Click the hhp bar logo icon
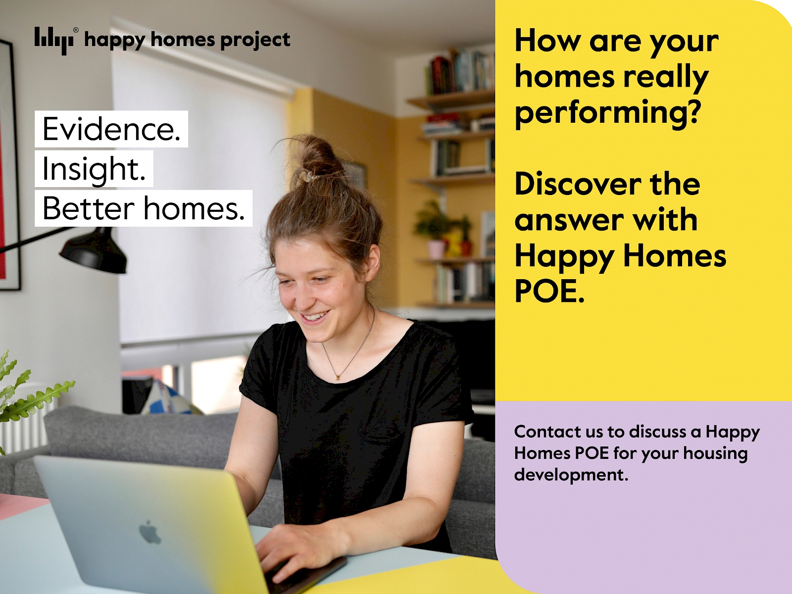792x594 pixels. (x=53, y=41)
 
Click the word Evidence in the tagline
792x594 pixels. (x=111, y=129)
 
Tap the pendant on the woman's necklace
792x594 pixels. (x=338, y=377)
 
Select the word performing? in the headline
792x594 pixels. (x=608, y=114)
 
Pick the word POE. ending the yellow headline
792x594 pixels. (x=549, y=291)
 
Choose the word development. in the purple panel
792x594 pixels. (x=571, y=474)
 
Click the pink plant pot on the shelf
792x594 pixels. (x=436, y=249)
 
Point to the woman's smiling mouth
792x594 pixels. (x=315, y=317)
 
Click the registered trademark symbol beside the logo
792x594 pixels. (x=76, y=30)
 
